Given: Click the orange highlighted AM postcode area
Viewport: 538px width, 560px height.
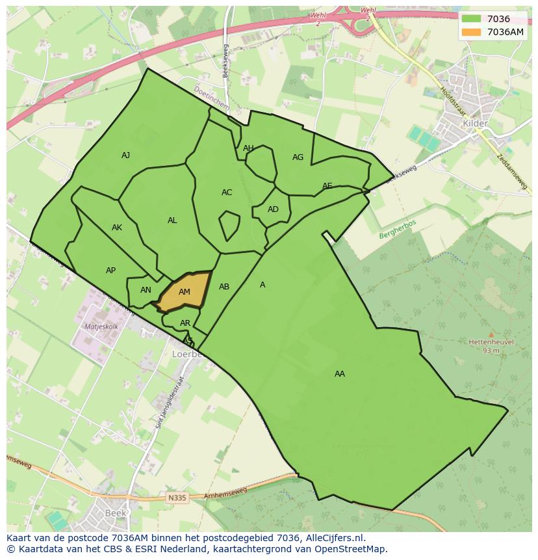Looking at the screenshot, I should (x=185, y=292).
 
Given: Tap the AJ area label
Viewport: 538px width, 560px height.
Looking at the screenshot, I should (x=126, y=155).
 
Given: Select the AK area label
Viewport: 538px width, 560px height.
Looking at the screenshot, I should (x=117, y=228).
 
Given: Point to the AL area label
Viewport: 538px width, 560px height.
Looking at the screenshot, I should (x=172, y=220).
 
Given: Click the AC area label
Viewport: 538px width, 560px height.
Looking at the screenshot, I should (x=227, y=193).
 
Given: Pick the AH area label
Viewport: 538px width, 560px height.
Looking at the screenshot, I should (x=248, y=148).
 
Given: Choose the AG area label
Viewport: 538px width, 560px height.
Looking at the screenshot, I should (x=298, y=157).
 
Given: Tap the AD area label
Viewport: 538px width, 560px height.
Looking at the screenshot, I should (x=273, y=209).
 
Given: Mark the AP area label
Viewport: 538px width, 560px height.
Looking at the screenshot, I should (x=110, y=271).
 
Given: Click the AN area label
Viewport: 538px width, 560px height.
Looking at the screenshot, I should (x=146, y=290).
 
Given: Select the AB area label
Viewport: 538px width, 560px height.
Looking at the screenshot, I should (x=224, y=287).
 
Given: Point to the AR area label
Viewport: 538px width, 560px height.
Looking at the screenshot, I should (x=185, y=323).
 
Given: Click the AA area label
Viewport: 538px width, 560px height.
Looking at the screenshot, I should (x=340, y=374).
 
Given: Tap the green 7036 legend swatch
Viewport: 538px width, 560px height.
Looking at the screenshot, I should (x=471, y=19).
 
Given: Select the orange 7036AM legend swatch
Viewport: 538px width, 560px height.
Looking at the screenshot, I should (x=471, y=32).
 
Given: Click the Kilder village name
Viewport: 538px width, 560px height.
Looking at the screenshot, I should (x=474, y=123).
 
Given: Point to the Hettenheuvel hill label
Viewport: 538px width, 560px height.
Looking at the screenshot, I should (x=491, y=341).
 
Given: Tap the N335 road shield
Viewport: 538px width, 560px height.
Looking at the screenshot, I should (x=176, y=498).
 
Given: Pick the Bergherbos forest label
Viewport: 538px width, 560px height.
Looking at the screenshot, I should (x=398, y=229).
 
